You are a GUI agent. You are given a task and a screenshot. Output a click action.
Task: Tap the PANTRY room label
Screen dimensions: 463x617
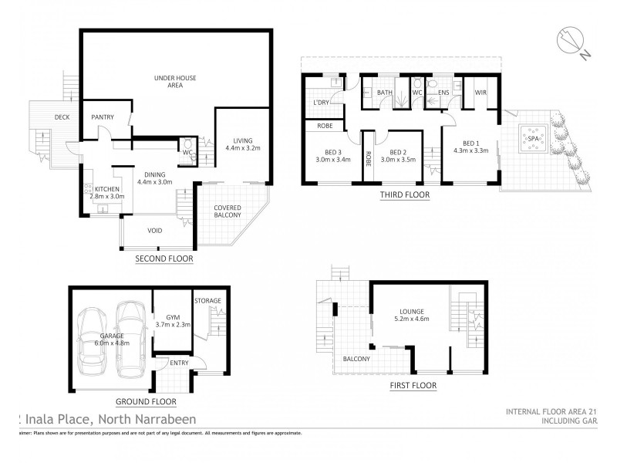click(x=103, y=117)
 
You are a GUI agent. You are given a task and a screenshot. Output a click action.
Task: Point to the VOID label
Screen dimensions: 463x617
click(x=155, y=230)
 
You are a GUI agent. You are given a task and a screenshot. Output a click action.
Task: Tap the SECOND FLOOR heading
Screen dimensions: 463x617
click(x=164, y=259)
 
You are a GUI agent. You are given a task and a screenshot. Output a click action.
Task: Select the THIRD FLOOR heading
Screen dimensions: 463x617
click(x=404, y=195)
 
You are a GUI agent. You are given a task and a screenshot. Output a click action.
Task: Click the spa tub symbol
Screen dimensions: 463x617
click(x=532, y=140)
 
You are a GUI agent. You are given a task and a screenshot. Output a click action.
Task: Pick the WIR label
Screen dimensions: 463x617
click(x=480, y=93)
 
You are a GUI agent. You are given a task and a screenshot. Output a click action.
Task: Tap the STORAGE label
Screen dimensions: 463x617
click(x=207, y=300)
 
